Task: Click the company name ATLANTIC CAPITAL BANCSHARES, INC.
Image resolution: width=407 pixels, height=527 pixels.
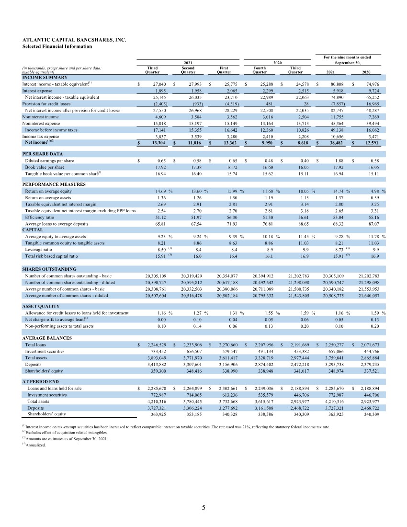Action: point(74,40)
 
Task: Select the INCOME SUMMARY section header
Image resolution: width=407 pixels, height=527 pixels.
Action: point(45,77)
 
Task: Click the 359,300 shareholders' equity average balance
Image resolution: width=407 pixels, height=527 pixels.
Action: point(158,371)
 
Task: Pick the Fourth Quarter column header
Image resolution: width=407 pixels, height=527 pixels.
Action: point(259,71)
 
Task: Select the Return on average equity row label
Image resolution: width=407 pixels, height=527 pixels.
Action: point(50,191)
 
